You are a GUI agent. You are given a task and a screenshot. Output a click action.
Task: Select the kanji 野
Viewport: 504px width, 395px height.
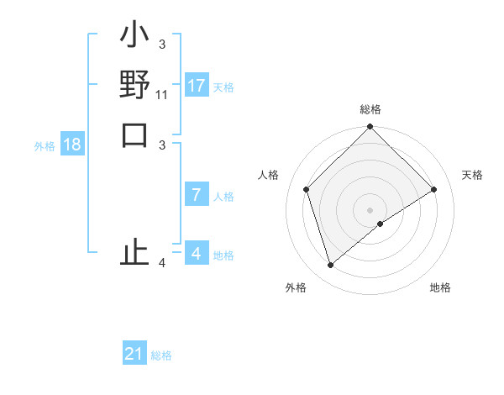pyautogui.click(x=134, y=85)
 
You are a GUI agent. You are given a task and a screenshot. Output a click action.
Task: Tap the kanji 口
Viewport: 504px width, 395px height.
pyautogui.click(x=134, y=134)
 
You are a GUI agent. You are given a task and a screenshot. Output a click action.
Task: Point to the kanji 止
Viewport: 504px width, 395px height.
pyautogui.click(x=134, y=253)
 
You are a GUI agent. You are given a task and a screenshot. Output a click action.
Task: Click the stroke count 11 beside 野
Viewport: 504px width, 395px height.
pyautogui.click(x=162, y=96)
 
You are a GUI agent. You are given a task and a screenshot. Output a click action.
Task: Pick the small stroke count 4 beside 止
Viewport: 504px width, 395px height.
pyautogui.click(x=162, y=264)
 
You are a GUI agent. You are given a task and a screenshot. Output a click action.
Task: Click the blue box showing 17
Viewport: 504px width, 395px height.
pyautogui.click(x=196, y=86)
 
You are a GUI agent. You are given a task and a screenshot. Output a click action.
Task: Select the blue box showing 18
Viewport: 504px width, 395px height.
pyautogui.click(x=72, y=145)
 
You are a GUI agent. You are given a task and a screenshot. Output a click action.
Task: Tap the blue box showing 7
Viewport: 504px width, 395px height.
pyautogui.click(x=196, y=195)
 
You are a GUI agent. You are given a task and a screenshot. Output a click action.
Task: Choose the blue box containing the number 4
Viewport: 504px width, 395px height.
pyautogui.click(x=196, y=253)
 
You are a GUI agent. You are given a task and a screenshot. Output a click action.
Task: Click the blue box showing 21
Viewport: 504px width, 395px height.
pyautogui.click(x=134, y=354)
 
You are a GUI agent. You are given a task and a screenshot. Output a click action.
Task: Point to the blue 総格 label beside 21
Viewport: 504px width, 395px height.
pyautogui.click(x=161, y=355)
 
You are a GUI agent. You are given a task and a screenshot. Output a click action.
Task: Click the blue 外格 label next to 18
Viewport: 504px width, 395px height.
pyautogui.click(x=45, y=146)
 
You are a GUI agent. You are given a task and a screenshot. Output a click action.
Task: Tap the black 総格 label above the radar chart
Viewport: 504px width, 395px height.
pyautogui.click(x=370, y=109)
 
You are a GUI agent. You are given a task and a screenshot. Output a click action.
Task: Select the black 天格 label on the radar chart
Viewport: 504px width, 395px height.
pyautogui.click(x=472, y=175)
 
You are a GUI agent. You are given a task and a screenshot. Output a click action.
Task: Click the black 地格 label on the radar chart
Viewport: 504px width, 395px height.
pyautogui.click(x=440, y=287)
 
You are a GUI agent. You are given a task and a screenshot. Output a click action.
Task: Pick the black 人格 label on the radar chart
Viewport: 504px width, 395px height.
pyautogui.click(x=269, y=175)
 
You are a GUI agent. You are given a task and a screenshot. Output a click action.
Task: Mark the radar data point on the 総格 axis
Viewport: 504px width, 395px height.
pyautogui.click(x=370, y=128)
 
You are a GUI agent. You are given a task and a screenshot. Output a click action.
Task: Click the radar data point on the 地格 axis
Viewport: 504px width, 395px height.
pyautogui.click(x=381, y=224)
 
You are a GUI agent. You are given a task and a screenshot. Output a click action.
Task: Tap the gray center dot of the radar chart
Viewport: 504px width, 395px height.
pyautogui.click(x=370, y=209)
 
